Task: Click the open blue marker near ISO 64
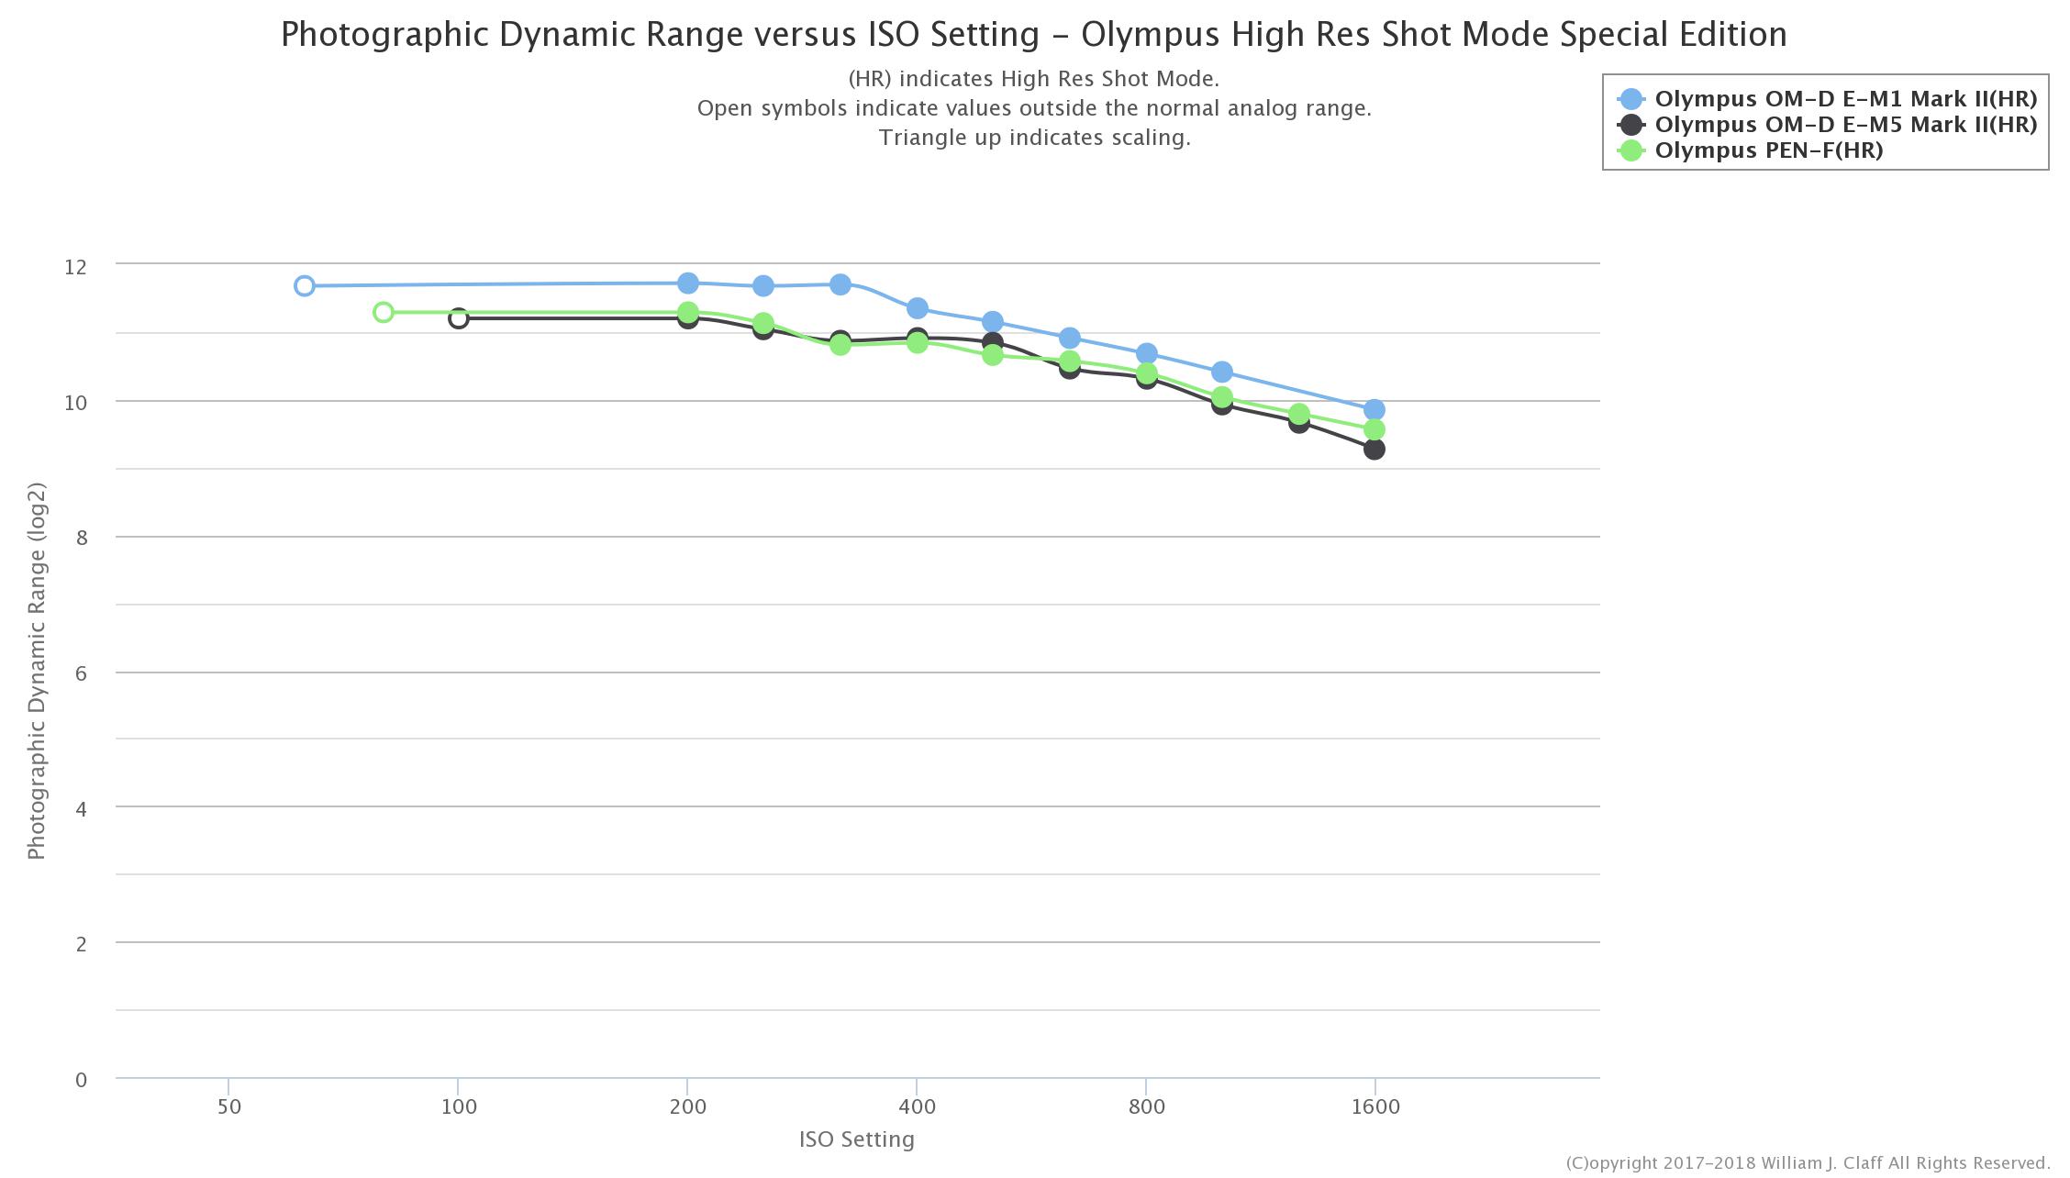click(305, 286)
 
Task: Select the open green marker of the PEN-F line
click(384, 313)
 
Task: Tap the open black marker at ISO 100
click(459, 318)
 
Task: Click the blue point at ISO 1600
click(1374, 410)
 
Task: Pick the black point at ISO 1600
click(1374, 450)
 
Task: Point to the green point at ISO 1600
click(1374, 430)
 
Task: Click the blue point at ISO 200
click(688, 283)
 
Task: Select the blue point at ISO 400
click(917, 308)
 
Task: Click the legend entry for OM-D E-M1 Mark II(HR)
click(1844, 99)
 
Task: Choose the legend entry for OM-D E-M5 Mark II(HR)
click(1844, 125)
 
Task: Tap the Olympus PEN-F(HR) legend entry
click(1767, 150)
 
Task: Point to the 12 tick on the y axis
click(75, 267)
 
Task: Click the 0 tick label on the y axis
click(82, 1080)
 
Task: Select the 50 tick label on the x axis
click(229, 1106)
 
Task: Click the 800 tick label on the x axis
click(1146, 1106)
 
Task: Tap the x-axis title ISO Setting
click(856, 1139)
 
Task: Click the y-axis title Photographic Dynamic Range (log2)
click(37, 671)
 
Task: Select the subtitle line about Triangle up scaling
click(1034, 138)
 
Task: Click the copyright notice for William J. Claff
click(1807, 1163)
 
